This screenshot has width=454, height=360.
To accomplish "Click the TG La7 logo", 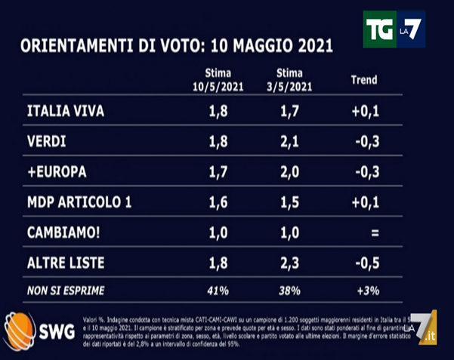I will tap(394, 30).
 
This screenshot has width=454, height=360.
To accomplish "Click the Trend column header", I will tap(364, 79).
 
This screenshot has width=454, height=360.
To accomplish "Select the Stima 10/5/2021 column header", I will tap(216, 79).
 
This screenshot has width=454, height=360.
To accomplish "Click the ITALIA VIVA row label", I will tap(65, 112).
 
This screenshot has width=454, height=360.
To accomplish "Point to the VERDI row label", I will tap(47, 142).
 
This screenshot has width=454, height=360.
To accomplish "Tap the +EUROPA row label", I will tap(57, 172).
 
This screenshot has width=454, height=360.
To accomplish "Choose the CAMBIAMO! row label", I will tap(63, 233).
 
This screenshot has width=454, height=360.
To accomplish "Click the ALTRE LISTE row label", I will tap(66, 263).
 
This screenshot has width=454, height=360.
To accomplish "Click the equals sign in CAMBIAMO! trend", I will tap(373, 233).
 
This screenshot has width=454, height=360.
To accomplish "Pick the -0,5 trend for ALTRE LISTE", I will tap(366, 263).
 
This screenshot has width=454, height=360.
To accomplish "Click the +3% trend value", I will tap(366, 289).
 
